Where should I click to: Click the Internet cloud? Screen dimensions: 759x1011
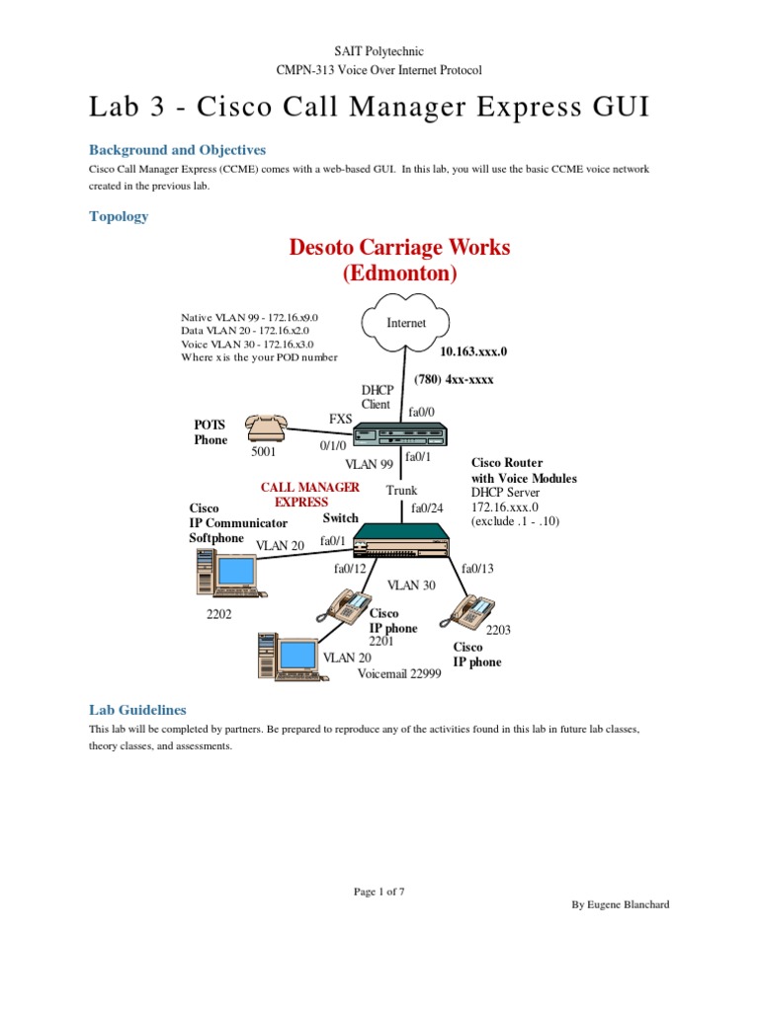click(x=406, y=323)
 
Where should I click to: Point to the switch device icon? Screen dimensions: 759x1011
click(x=401, y=539)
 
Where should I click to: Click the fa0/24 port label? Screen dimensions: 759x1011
click(x=427, y=507)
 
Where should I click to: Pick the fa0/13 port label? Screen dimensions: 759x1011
click(x=477, y=568)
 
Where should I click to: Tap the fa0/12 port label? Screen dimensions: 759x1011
click(x=350, y=568)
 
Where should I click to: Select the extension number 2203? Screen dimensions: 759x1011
click(x=498, y=629)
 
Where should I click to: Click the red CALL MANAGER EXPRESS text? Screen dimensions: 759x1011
click(x=309, y=495)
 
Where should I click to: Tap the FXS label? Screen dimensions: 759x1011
click(x=341, y=419)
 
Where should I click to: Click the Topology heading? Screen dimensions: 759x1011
click(x=119, y=216)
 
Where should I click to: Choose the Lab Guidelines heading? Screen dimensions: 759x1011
click(x=137, y=710)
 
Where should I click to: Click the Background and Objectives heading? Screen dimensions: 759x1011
click(x=177, y=150)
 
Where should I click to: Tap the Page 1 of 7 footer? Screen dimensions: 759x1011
click(x=379, y=892)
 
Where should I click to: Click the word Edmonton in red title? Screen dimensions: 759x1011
click(x=399, y=272)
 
